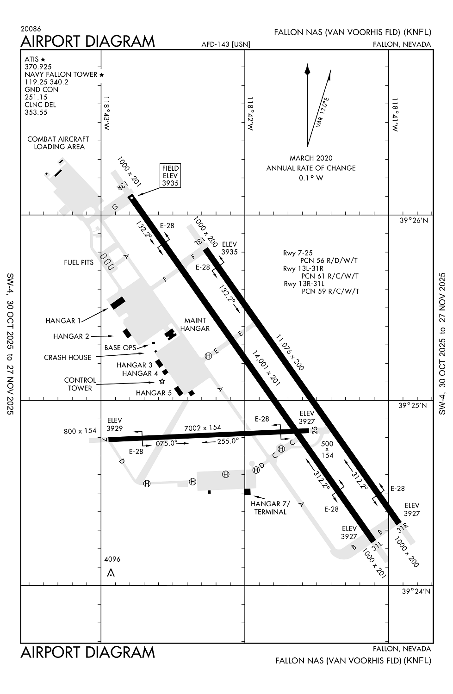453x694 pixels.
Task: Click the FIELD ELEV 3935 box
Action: pos(170,175)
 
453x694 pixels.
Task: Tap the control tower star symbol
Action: pos(162,382)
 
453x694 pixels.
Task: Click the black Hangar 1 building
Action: pos(118,303)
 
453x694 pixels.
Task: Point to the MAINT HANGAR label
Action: pos(195,324)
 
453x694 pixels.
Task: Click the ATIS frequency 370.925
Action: pos(38,67)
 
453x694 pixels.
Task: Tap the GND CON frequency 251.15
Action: pos(36,97)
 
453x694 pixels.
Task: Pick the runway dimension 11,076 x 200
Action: pos(290,352)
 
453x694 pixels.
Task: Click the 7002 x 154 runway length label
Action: pos(203,428)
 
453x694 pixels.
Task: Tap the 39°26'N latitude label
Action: pos(414,221)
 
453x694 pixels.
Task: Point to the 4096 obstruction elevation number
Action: pos(112,559)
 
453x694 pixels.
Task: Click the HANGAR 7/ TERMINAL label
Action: pos(270,508)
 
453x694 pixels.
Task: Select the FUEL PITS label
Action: pos(79,262)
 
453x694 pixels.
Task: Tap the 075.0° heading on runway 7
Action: pos(167,443)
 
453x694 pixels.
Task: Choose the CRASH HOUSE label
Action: pos(68,357)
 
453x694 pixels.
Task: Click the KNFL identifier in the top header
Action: pos(417,32)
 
